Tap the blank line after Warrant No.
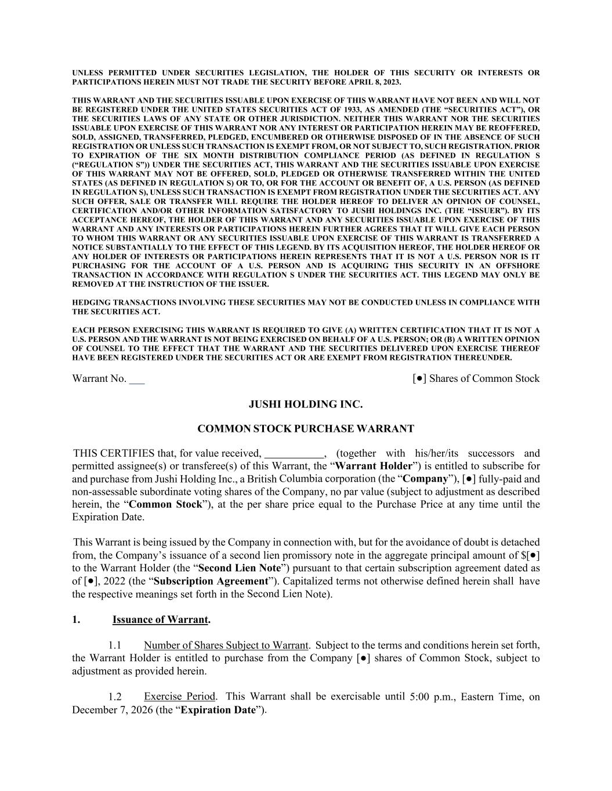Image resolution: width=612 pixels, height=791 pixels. pyautogui.click(x=137, y=380)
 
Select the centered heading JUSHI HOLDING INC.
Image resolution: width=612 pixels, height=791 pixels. pyautogui.click(x=306, y=404)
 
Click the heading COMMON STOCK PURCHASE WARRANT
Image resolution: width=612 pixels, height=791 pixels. pyautogui.click(x=306, y=429)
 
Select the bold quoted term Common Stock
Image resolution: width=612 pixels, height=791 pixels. pyautogui.click(x=165, y=504)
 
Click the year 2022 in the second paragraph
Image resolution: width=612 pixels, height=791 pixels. pyautogui.click(x=115, y=581)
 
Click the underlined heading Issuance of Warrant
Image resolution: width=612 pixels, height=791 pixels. pyautogui.click(x=160, y=620)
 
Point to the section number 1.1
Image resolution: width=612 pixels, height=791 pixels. pyautogui.click(x=115, y=646)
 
